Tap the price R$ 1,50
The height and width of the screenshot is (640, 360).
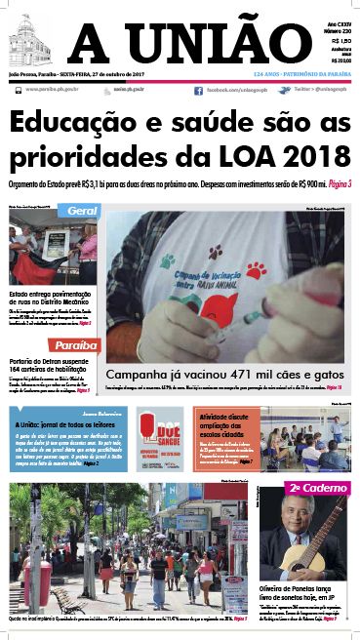pyautogui.click(x=340, y=41)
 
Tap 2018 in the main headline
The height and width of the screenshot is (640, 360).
pyautogui.click(x=313, y=156)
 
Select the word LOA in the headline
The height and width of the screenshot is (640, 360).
pyautogui.click(x=244, y=156)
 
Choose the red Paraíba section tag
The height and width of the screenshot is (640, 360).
pyautogui.click(x=76, y=345)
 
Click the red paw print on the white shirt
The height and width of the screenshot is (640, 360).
pyautogui.click(x=256, y=269)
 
